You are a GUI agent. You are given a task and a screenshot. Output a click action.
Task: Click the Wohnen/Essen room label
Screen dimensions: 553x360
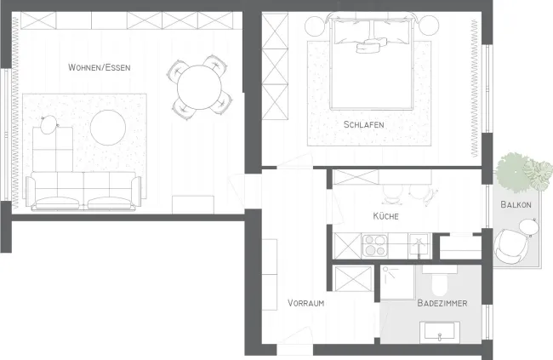coord(99,67)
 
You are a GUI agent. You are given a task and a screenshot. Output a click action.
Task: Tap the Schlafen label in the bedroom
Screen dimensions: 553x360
coord(363,124)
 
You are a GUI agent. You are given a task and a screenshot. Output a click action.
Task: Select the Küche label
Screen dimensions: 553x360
coord(386,216)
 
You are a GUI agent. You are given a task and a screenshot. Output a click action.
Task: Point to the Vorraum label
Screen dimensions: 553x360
coord(305,303)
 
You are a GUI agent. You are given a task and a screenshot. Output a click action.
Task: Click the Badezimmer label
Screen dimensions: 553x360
coord(442,303)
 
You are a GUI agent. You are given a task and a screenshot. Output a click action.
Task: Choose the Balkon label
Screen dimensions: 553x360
coord(516,204)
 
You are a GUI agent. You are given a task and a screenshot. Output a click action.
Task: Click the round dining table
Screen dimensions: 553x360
coord(199,87)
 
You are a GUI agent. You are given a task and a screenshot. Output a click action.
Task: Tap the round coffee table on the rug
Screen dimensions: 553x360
coord(108,128)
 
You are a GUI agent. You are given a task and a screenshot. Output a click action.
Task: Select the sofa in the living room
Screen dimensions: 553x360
coord(83,191)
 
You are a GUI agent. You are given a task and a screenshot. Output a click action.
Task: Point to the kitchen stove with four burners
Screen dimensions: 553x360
coord(375,245)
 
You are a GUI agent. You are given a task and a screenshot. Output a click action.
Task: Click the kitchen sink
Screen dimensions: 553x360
coord(419,245)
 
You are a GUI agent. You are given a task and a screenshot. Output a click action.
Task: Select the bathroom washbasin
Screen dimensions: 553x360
coord(440,331)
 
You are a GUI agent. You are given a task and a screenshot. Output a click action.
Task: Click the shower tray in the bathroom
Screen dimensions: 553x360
coord(398,283)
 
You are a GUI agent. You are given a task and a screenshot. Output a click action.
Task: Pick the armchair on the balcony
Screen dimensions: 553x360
coord(511,246)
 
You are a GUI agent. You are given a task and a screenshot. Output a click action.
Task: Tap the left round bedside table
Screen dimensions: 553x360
coord(316,26)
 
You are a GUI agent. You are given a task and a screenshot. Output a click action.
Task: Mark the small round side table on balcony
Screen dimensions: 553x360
coord(529,227)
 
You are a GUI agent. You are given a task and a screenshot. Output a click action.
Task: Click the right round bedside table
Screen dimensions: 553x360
coord(429,26)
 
